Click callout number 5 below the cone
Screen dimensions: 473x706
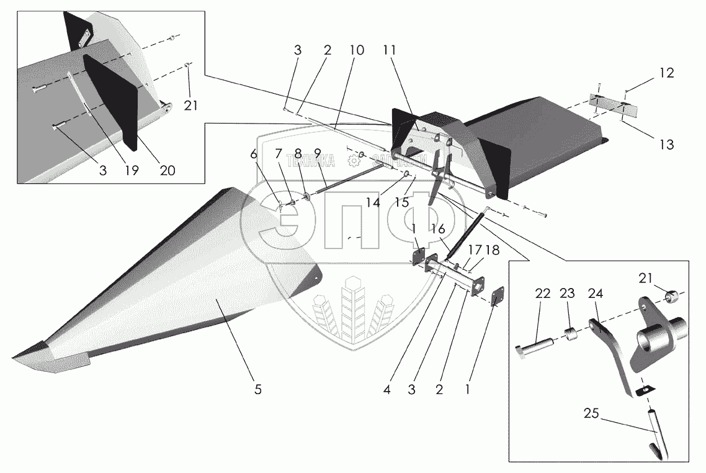257,390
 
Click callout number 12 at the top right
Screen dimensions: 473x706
666,73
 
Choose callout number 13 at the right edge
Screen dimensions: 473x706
666,144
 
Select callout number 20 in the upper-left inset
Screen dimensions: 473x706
167,171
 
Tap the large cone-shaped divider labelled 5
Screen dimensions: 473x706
186,286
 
